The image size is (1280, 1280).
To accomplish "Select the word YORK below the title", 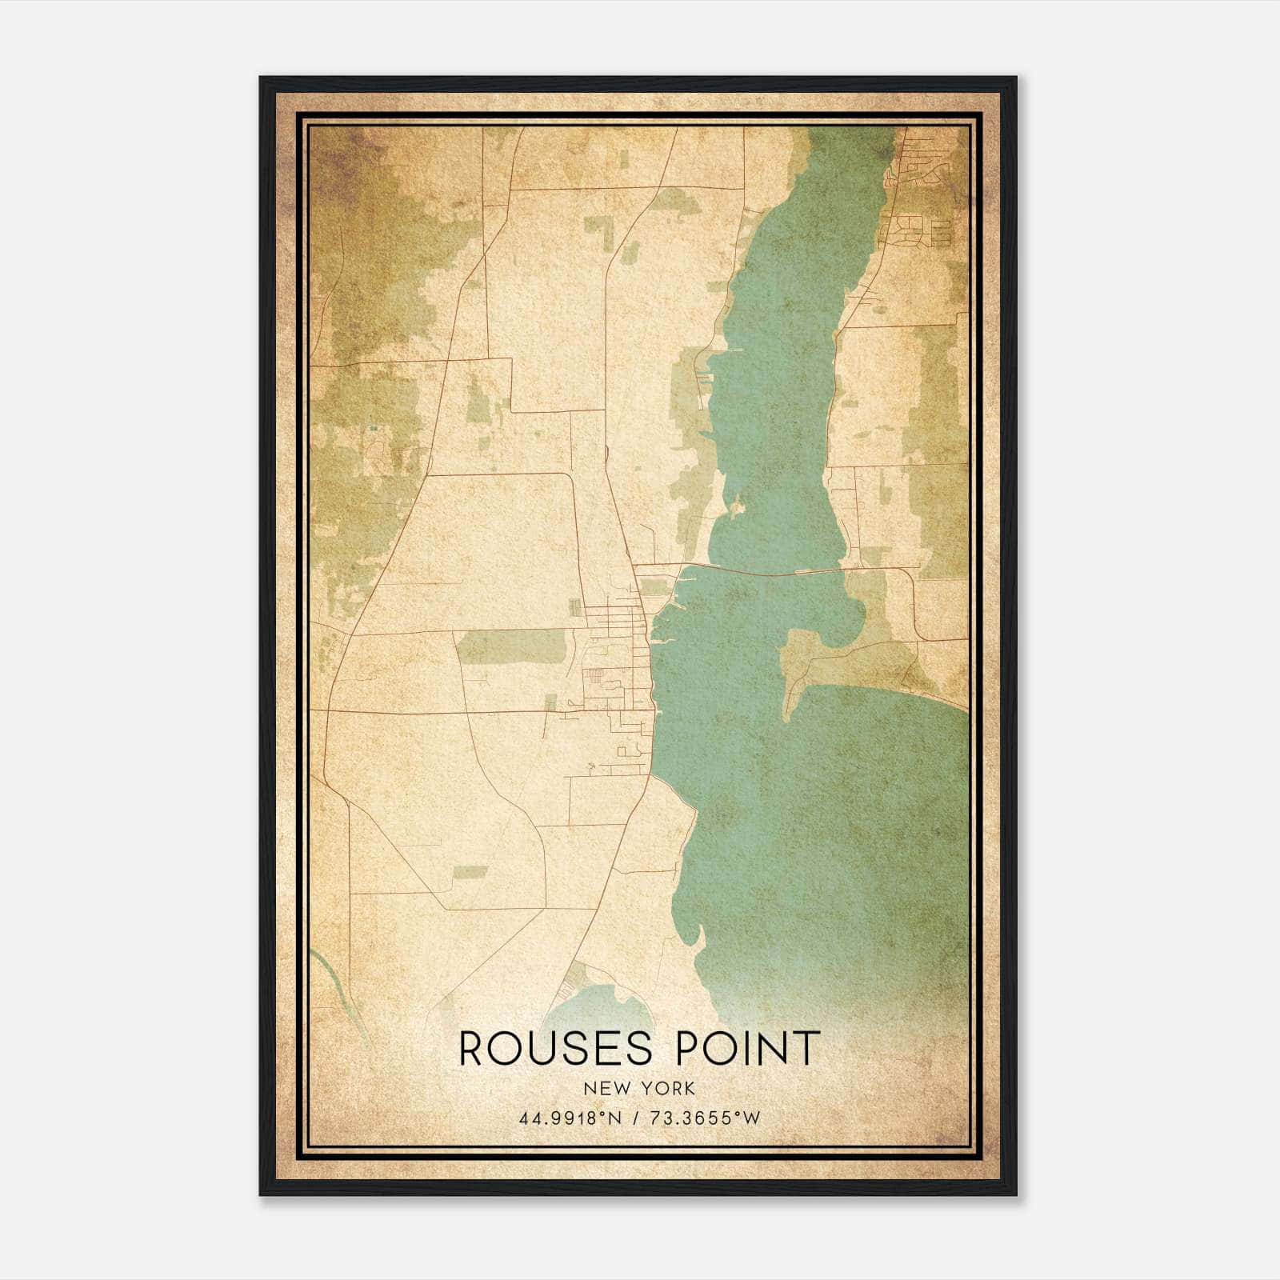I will [x=669, y=1089].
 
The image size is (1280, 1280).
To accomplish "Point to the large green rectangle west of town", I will [x=512, y=646].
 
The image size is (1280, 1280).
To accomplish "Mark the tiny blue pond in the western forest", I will [x=373, y=429].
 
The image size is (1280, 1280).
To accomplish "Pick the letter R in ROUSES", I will [x=473, y=1049].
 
